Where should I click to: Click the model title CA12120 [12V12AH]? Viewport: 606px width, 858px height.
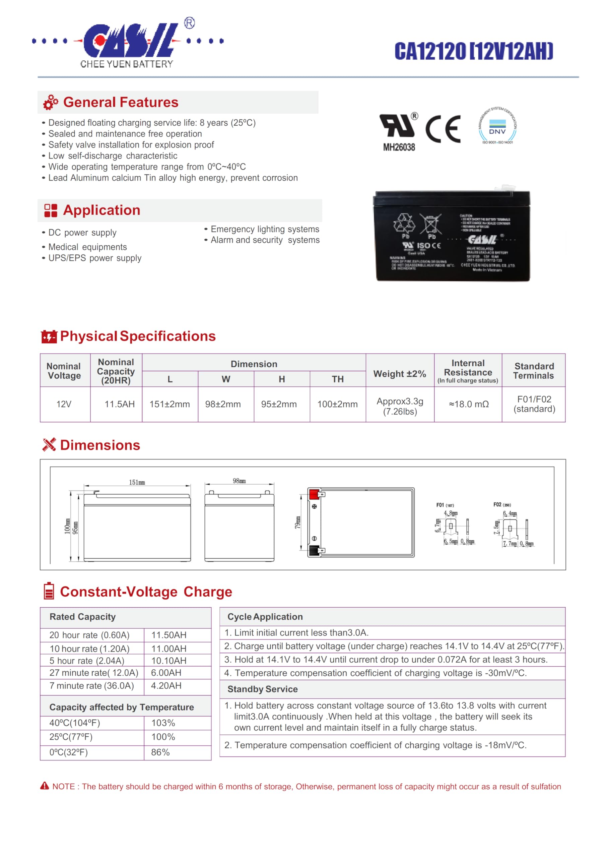[x=473, y=51]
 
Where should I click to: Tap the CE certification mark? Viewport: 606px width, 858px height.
[x=443, y=129]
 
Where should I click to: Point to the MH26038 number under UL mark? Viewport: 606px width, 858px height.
[x=399, y=147]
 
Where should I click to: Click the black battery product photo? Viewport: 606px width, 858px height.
[x=452, y=236]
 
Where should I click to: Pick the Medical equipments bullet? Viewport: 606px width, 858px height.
[x=88, y=247]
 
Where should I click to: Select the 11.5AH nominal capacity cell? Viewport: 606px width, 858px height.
[x=119, y=404]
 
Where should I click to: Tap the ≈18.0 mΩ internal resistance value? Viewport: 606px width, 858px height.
[x=469, y=404]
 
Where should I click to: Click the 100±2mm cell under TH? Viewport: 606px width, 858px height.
[x=337, y=404]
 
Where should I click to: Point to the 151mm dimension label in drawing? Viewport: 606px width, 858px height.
[x=137, y=482]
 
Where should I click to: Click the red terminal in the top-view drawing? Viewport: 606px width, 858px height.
[x=314, y=494]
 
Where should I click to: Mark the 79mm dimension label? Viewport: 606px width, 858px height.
[x=298, y=522]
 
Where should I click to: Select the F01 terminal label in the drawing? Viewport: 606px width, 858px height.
[x=441, y=505]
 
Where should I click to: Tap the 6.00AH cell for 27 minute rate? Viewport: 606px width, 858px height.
[x=166, y=673]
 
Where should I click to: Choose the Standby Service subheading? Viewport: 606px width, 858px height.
[x=262, y=689]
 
